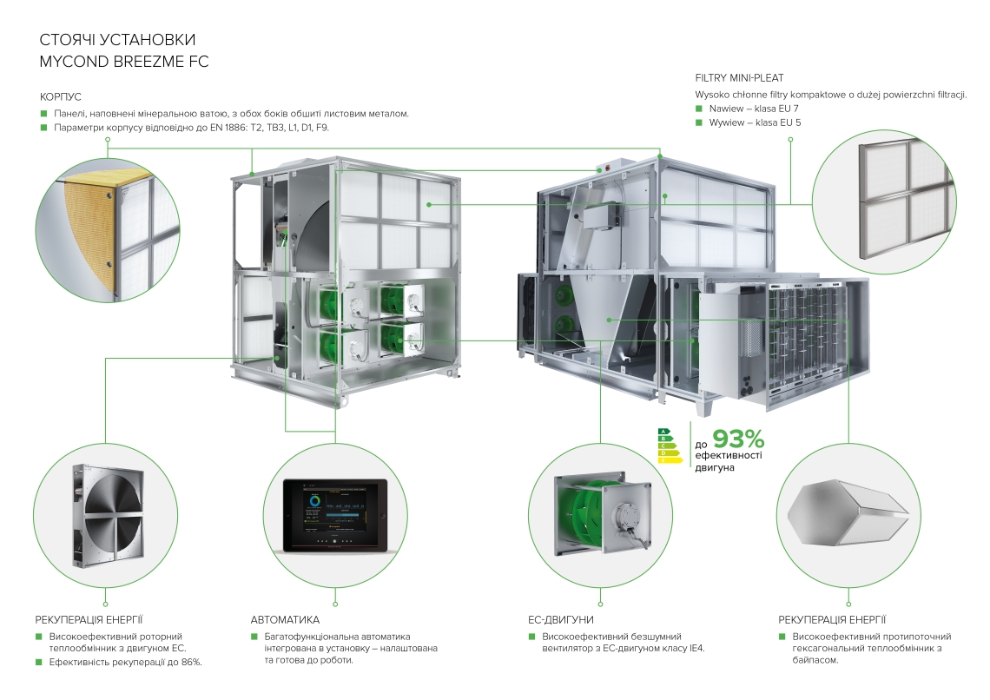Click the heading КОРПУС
pyautogui.click(x=60, y=96)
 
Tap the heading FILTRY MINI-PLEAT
pyautogui.click(x=745, y=77)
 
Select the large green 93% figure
pyautogui.click(x=738, y=440)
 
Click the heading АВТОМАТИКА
pyautogui.click(x=285, y=620)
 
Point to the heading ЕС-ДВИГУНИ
pyautogui.click(x=561, y=620)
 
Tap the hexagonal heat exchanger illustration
pyautogui.click(x=847, y=516)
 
